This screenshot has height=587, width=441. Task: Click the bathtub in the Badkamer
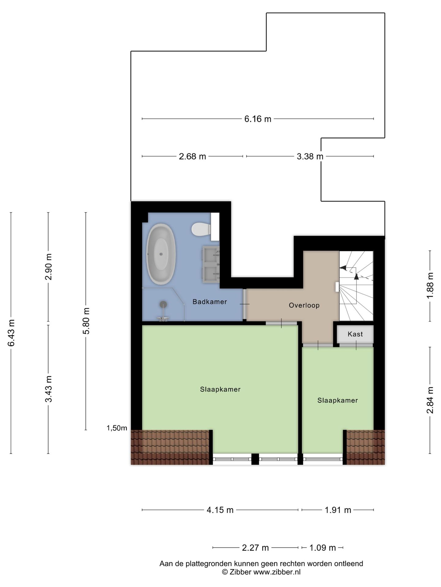pyautogui.click(x=161, y=254)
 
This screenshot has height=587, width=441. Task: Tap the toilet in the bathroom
pyautogui.click(x=201, y=229)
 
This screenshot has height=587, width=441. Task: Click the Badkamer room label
pyautogui.click(x=209, y=302)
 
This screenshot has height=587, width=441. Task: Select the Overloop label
pyautogui.click(x=304, y=305)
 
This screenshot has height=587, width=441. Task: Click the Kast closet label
pyautogui.click(x=355, y=334)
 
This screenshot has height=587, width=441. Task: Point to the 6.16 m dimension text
pyautogui.click(x=258, y=119)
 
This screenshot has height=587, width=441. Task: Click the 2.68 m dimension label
pyautogui.click(x=192, y=157)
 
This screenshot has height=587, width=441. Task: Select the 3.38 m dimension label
pyautogui.click(x=310, y=157)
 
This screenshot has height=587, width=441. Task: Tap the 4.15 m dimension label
pyautogui.click(x=220, y=510)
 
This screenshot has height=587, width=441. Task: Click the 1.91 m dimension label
pyautogui.click(x=338, y=510)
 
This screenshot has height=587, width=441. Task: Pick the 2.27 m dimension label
pyautogui.click(x=255, y=548)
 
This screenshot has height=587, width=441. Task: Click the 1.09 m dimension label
pyautogui.click(x=322, y=548)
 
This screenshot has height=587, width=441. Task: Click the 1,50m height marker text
pyautogui.click(x=117, y=428)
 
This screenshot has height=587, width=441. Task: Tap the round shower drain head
pyautogui.click(x=164, y=304)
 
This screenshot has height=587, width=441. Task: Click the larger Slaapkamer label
pyautogui.click(x=220, y=389)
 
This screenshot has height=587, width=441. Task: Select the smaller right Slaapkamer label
pyautogui.click(x=337, y=400)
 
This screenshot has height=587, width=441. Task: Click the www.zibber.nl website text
pyautogui.click(x=277, y=572)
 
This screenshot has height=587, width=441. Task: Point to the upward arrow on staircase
pyautogui.click(x=356, y=277)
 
